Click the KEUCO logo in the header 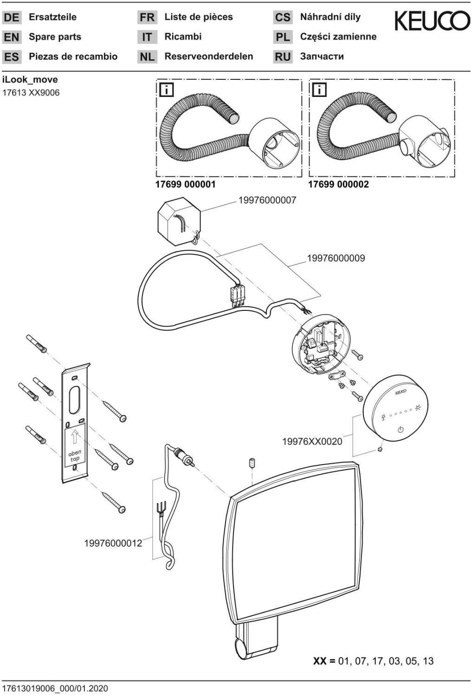click(x=432, y=21)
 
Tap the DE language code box click(x=12, y=18)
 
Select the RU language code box click(x=283, y=57)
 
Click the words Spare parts click(x=55, y=37)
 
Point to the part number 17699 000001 click(x=185, y=184)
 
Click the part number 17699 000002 click(x=338, y=184)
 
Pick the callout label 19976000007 click(x=267, y=200)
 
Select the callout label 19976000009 click(x=336, y=258)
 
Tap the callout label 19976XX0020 click(x=312, y=441)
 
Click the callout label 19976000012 click(x=113, y=543)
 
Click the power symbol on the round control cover click(x=401, y=430)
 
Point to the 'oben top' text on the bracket click(x=75, y=455)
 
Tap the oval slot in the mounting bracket click(x=75, y=401)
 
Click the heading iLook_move click(x=30, y=79)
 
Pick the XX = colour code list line click(x=373, y=661)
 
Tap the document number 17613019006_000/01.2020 click(x=55, y=688)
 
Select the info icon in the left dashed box click(x=166, y=90)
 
